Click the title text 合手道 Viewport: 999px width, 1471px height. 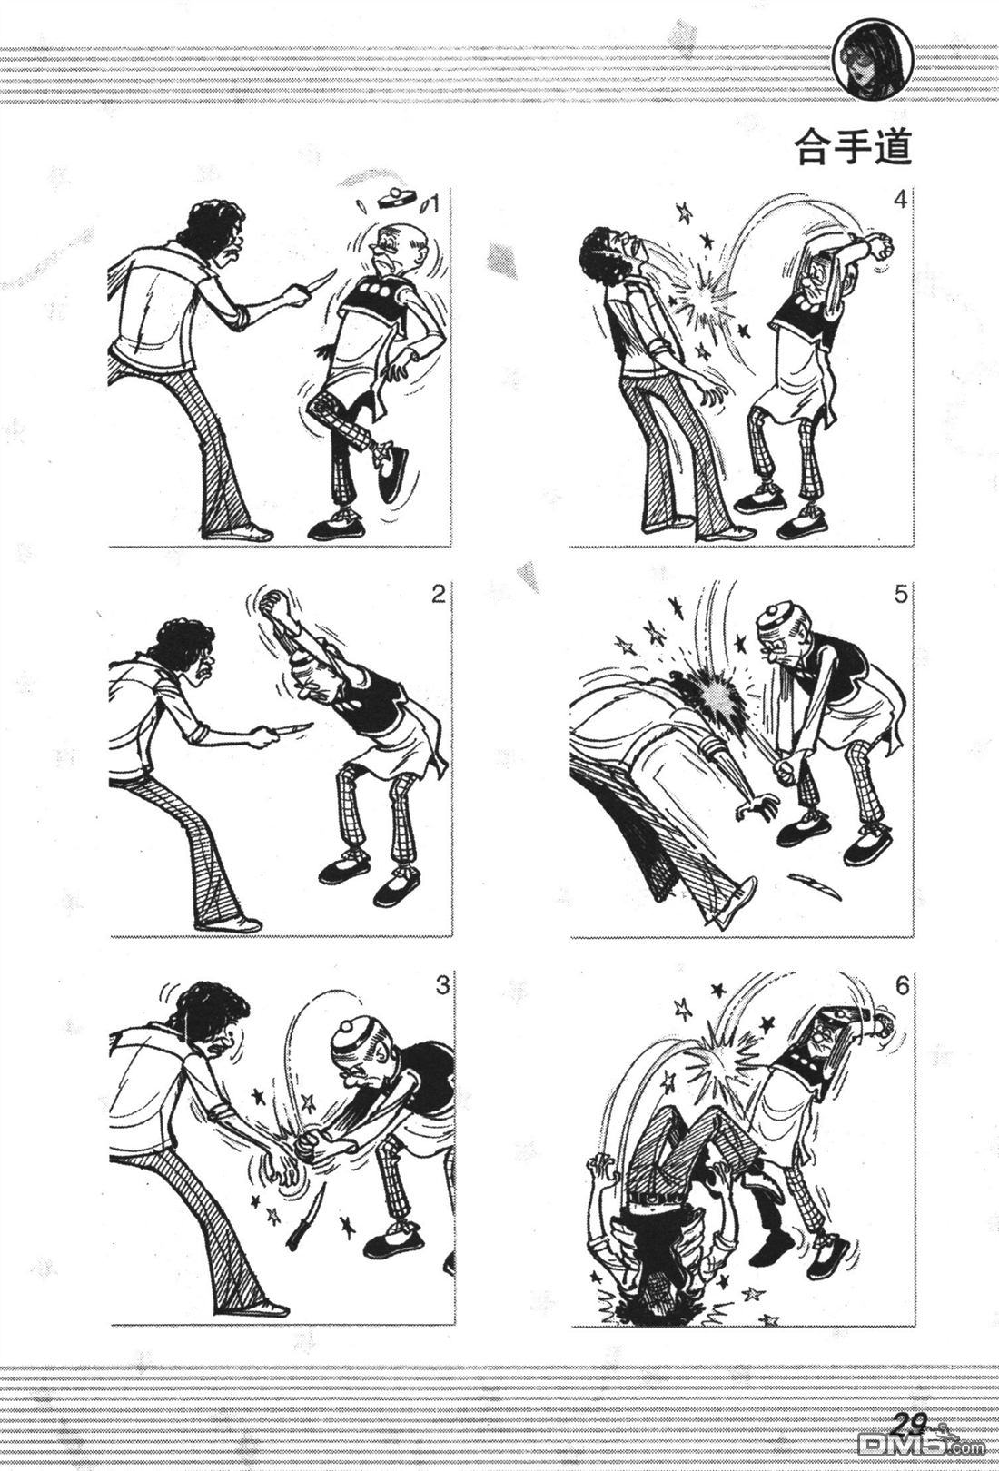853,148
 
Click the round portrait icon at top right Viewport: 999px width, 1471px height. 872,66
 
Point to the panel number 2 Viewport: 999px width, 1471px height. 438,595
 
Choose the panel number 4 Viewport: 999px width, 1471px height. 900,200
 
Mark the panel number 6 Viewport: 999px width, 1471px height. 902,986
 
